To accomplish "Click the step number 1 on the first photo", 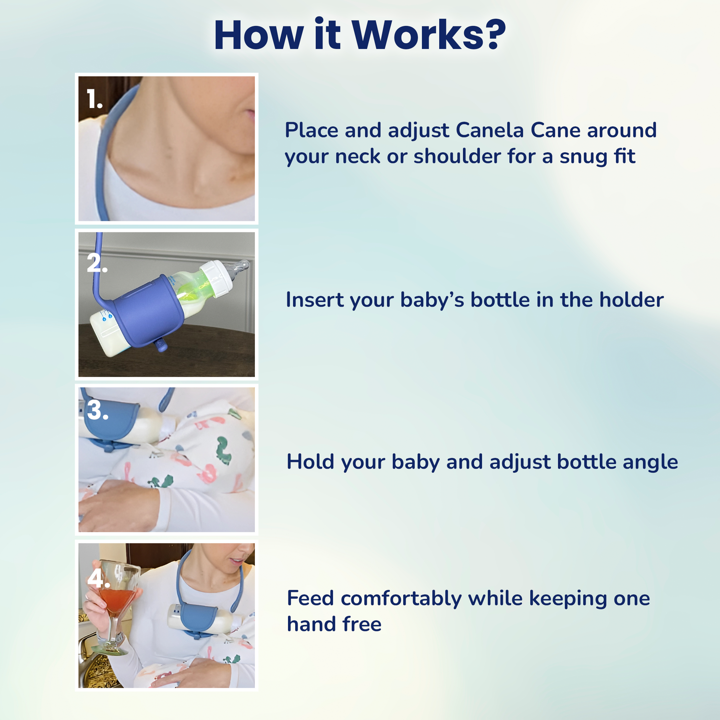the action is pyautogui.click(x=95, y=99).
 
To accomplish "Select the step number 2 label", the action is pyautogui.click(x=97, y=263).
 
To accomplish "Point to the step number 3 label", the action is pyautogui.click(x=97, y=410).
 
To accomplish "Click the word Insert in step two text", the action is pyautogui.click(x=315, y=300).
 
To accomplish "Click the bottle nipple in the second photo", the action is pyautogui.click(x=238, y=270).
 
